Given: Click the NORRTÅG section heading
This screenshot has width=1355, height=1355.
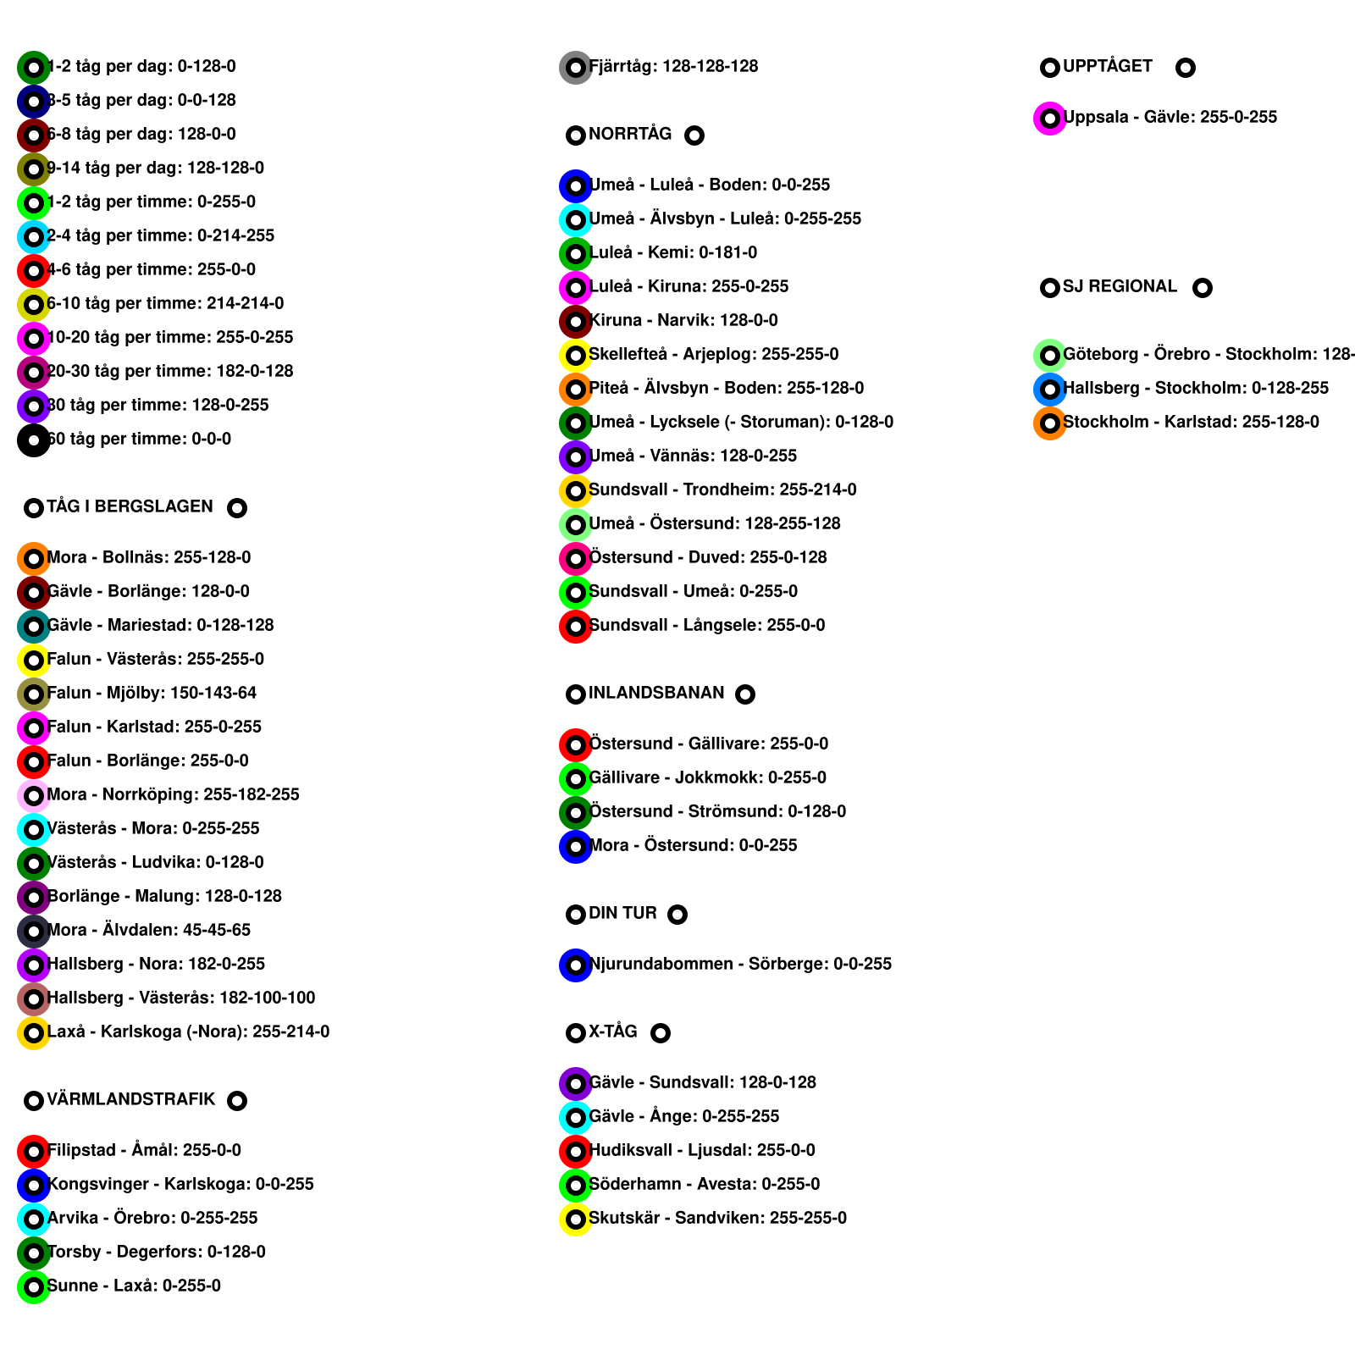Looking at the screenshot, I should (x=629, y=134).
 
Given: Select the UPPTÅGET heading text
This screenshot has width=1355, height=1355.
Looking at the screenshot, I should (x=1107, y=66).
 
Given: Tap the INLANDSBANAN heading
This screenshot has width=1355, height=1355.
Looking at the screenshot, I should (x=656, y=693).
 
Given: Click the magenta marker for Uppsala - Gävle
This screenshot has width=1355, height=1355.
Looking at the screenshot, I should (x=1049, y=118).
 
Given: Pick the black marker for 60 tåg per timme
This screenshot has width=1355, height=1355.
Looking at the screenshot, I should (x=33, y=440).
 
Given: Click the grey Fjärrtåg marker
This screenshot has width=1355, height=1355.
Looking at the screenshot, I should (x=575, y=67).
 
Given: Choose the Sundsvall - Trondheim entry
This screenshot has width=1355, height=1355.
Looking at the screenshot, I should (x=722, y=489).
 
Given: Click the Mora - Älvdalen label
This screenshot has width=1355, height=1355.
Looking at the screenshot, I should (x=148, y=930).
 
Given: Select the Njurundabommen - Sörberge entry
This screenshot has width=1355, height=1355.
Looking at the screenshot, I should (x=739, y=964).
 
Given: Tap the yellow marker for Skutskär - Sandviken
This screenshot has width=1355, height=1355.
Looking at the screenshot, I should (x=575, y=1219).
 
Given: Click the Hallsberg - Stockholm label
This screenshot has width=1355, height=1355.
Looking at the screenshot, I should (x=1195, y=388).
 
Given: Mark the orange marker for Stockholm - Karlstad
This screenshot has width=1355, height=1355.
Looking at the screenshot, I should (x=1049, y=423).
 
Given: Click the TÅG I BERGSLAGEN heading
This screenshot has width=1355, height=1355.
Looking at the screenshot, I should (x=130, y=506).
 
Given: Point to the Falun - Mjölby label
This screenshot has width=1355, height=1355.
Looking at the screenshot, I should (x=152, y=693).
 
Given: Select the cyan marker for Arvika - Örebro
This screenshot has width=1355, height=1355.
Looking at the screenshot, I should (x=33, y=1219).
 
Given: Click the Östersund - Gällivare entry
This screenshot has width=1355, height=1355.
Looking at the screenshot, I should (x=708, y=744).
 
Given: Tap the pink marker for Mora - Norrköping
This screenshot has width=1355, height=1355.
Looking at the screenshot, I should (x=33, y=795).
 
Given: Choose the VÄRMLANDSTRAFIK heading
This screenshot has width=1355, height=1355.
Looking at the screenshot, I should (x=130, y=1099).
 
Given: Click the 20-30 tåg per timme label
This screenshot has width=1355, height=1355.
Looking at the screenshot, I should (x=169, y=371).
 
